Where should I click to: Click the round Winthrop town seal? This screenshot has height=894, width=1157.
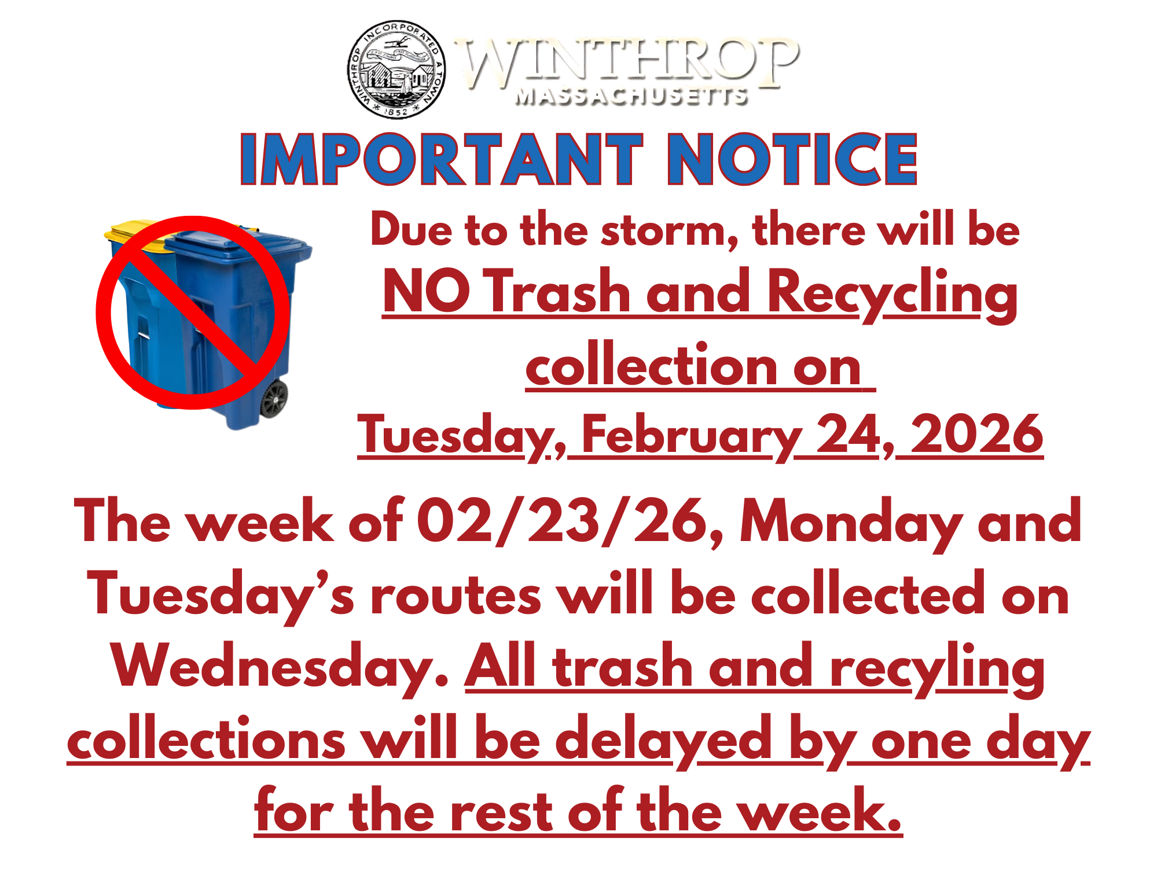click(x=397, y=69)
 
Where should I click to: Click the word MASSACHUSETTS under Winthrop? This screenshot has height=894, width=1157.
click(x=631, y=97)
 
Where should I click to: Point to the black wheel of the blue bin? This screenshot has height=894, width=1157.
click(x=274, y=399)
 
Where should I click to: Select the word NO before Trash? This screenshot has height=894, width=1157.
click(x=426, y=292)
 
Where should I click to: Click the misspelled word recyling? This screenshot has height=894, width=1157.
click(x=937, y=668)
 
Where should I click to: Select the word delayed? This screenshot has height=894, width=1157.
click(x=663, y=741)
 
